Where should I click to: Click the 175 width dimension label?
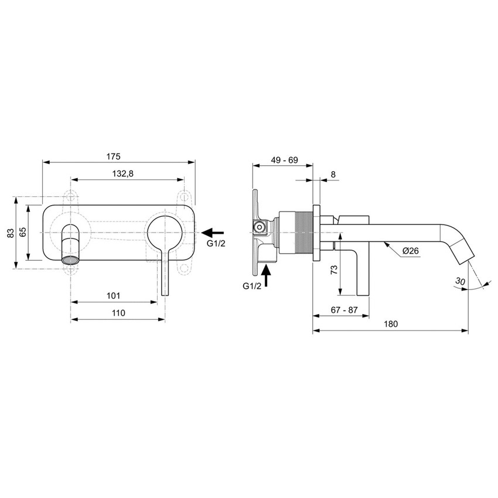coord(114,156)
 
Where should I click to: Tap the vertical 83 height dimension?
coord(10,233)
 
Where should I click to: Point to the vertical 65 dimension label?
coord(23,232)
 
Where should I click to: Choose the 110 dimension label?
coord(118,313)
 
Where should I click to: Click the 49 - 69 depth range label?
coord(284,160)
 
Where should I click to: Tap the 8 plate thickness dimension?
coord(333,174)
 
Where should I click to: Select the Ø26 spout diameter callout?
coord(411,251)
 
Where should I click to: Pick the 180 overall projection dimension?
coord(391,324)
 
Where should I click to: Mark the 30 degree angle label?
coord(461,282)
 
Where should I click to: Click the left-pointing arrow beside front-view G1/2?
coord(212,233)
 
